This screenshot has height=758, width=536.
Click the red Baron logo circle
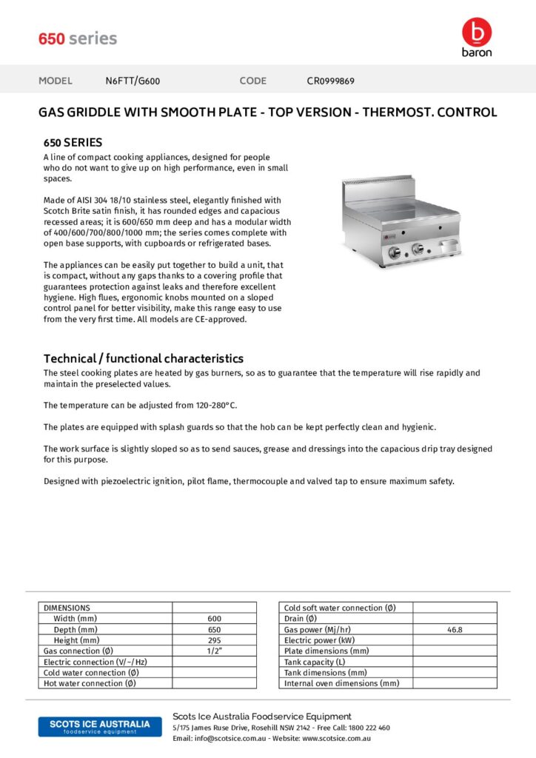476,32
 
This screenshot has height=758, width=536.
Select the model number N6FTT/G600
133,81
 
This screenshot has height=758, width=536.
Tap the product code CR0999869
330,81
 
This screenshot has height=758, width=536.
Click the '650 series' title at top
78,38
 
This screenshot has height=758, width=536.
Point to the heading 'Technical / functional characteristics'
144,358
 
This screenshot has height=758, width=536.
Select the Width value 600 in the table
214,618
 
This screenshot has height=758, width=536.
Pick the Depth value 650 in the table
214,629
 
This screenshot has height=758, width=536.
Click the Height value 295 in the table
214,640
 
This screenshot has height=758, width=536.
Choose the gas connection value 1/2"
214,651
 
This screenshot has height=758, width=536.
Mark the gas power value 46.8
455,629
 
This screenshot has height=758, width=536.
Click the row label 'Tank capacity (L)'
315,662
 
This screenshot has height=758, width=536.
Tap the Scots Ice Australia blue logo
94,726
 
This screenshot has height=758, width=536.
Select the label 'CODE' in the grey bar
252,81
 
